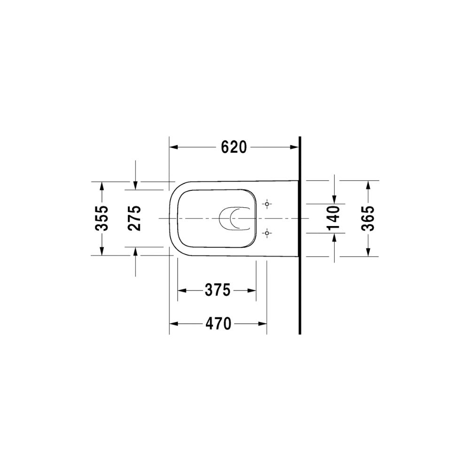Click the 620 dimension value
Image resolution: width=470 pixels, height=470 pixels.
pos(234,147)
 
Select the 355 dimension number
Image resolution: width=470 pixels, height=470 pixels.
pos(102,218)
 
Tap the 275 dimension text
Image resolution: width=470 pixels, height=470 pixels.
pos(134,218)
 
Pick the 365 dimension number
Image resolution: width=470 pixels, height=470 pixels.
pos(368,218)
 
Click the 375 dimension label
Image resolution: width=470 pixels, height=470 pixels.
pos(218,290)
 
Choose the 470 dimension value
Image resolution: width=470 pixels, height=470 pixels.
pos(218,324)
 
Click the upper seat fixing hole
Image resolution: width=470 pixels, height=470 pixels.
pos(267,204)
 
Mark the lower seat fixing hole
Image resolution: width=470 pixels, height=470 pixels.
pos(267,233)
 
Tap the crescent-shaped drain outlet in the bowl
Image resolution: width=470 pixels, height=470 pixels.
pos(231,219)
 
